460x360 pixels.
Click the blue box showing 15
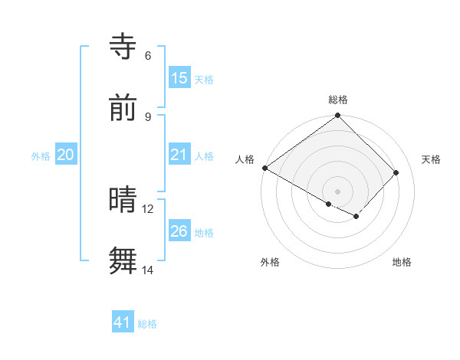179,77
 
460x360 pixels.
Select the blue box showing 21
179,155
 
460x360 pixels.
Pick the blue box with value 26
179,231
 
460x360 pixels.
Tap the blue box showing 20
66,155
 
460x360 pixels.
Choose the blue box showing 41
123,322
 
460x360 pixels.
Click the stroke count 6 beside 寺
148,55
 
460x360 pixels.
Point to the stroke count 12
148,208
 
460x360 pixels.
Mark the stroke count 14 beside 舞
148,270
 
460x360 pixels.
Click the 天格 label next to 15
204,79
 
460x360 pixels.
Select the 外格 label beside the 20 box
41,155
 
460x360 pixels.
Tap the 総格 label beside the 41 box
147,324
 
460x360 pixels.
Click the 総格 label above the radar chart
338,100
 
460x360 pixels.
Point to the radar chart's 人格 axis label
245,159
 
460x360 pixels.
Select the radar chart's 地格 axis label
402,262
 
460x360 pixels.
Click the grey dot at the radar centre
338,191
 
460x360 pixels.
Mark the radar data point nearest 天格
396,172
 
